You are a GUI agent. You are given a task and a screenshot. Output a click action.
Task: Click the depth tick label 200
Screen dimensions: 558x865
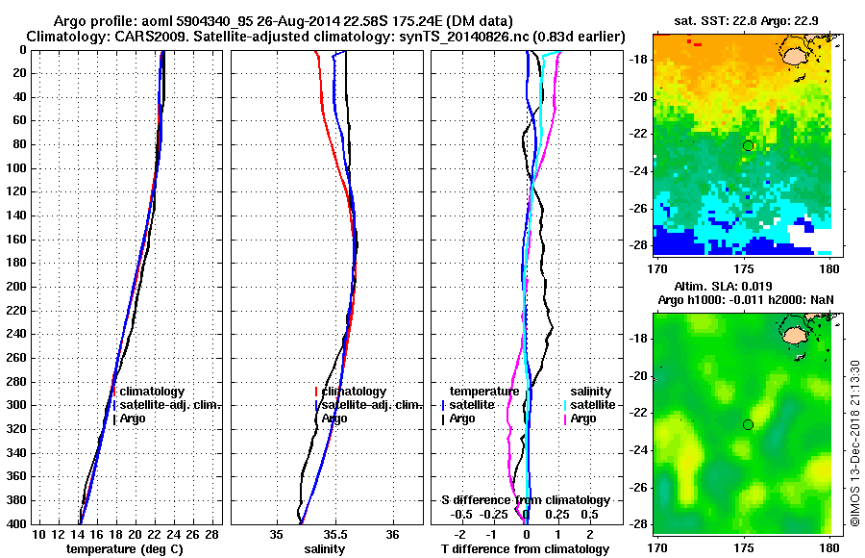point(17,287)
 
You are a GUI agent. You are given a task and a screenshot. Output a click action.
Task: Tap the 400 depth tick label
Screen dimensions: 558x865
point(17,523)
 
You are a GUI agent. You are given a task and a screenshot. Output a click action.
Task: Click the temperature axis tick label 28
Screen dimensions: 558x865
point(212,535)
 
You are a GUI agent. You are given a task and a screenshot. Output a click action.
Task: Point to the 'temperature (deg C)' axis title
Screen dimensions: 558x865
point(124,549)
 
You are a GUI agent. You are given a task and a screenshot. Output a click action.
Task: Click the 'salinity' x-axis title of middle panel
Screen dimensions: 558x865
point(325,549)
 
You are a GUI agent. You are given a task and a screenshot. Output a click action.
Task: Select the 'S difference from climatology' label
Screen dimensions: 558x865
point(525,500)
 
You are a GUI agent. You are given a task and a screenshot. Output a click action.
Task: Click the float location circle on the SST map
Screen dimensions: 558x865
point(748,145)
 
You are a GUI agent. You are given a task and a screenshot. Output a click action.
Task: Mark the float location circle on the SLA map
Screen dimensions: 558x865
point(748,424)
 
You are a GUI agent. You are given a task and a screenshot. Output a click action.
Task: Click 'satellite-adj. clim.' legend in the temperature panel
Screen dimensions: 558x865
point(170,405)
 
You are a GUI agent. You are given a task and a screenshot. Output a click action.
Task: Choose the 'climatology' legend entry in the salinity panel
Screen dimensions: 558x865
point(354,392)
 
